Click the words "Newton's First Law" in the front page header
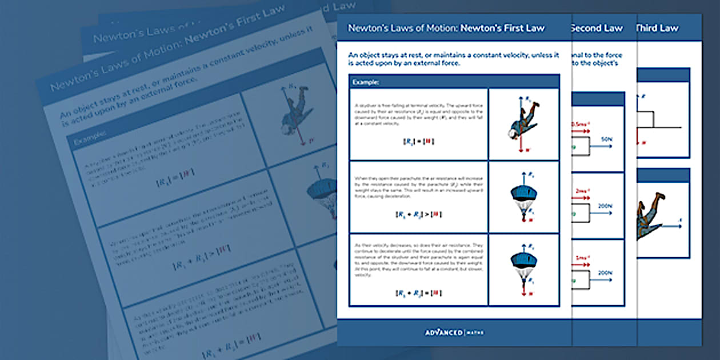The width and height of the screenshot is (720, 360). pos(503,28)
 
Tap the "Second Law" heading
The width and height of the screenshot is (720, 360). pos(597,28)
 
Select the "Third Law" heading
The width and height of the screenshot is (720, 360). pos(658,28)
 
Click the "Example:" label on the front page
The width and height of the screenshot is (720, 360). pos(366,82)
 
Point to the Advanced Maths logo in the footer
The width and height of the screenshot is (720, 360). pos(454,332)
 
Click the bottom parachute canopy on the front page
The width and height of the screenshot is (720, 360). pos(523,262)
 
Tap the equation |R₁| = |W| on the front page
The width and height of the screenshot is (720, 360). pos(418,141)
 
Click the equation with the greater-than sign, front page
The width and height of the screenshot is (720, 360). pos(418,214)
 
